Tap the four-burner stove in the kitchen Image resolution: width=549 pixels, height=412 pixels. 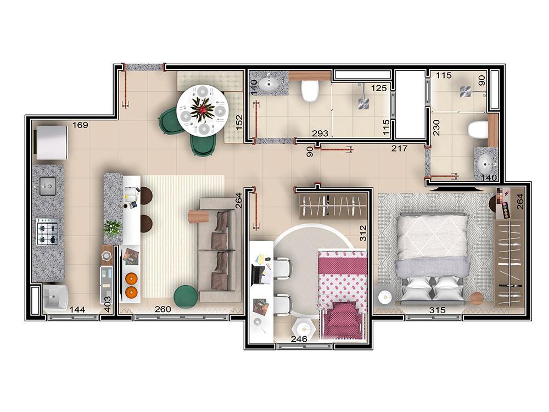[x=48, y=232]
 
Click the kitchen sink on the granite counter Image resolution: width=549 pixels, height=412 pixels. [x=48, y=187]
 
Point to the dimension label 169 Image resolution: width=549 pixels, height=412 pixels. [x=80, y=125]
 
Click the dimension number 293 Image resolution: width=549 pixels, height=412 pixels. [x=320, y=133]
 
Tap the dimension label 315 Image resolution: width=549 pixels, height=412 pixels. [x=437, y=310]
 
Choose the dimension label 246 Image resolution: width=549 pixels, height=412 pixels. [x=299, y=339]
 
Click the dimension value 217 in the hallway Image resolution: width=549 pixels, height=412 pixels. [x=399, y=148]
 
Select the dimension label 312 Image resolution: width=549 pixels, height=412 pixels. [x=362, y=235]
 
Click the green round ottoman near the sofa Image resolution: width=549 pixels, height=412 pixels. [x=186, y=297]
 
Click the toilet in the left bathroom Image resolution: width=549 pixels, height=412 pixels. [x=311, y=91]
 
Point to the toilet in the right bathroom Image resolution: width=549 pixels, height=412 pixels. [x=477, y=130]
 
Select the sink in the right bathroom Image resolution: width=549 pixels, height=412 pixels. [x=485, y=162]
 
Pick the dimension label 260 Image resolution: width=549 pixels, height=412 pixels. [x=163, y=309]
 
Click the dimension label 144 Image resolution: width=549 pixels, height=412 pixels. [x=77, y=310]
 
